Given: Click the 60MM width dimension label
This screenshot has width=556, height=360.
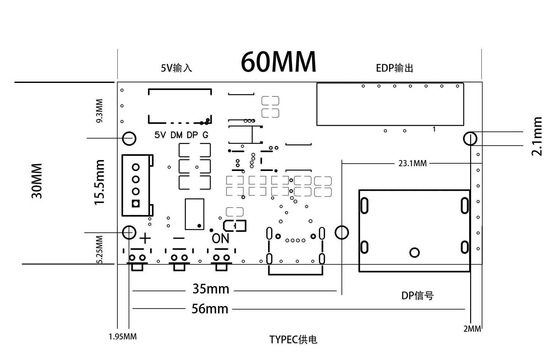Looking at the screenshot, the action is pyautogui.click(x=278, y=62).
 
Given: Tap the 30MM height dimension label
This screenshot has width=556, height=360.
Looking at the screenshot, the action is pyautogui.click(x=37, y=181).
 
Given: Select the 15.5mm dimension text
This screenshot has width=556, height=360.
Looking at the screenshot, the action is pyautogui.click(x=99, y=182).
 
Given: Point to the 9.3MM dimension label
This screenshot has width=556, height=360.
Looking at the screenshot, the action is pyautogui.click(x=99, y=111).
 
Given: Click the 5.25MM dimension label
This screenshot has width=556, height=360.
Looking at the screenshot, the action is pyautogui.click(x=100, y=250).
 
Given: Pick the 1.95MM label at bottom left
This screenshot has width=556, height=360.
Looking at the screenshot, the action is pyautogui.click(x=123, y=337).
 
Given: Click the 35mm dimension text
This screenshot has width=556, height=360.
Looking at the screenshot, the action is pyautogui.click(x=211, y=289).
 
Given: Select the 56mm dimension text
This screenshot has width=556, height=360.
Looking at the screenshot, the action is pyautogui.click(x=210, y=309).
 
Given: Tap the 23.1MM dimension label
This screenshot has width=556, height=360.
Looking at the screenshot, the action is pyautogui.click(x=413, y=163).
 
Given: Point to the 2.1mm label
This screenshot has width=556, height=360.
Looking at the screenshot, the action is pyautogui.click(x=537, y=136).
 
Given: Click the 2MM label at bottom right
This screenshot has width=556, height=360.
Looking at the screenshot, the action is pyautogui.click(x=472, y=329).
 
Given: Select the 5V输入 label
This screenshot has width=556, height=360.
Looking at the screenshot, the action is pyautogui.click(x=176, y=68).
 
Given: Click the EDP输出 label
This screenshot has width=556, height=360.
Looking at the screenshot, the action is pyautogui.click(x=395, y=68).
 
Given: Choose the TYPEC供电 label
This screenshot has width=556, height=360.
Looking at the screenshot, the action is pyautogui.click(x=293, y=340).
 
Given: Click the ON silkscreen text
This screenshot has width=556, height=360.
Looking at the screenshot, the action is pyautogui.click(x=221, y=239).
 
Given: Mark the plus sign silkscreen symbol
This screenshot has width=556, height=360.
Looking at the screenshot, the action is pyautogui.click(x=145, y=239).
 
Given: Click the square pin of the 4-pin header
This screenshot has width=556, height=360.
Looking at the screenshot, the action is pyautogui.click(x=136, y=203).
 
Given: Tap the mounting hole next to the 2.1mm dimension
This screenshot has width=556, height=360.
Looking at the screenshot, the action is pyautogui.click(x=470, y=139).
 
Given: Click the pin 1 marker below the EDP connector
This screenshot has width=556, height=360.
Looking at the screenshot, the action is pyautogui.click(x=434, y=129).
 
